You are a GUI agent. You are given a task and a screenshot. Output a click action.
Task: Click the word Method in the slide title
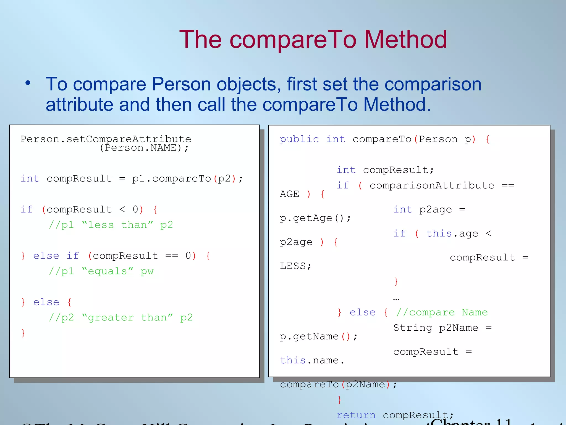tap(405, 40)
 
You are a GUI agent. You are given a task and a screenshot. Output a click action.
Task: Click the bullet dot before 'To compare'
tap(28, 83)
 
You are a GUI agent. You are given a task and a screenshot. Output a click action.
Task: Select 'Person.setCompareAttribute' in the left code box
tap(106, 139)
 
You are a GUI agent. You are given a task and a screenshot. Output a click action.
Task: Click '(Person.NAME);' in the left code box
tap(144, 148)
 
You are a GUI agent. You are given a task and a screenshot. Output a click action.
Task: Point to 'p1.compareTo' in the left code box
tap(171, 179)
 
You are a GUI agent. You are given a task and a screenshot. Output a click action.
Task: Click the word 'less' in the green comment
tap(101, 225)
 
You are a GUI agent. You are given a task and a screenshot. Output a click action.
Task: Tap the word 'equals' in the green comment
tap(108, 271)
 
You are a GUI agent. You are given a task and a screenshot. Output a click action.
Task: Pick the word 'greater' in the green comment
tap(111, 318)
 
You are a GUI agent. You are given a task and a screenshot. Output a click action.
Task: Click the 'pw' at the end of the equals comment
tap(147, 271)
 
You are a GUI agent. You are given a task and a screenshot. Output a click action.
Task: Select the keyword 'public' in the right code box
tap(299, 139)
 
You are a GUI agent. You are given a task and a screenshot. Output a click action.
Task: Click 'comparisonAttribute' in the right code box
tap(432, 185)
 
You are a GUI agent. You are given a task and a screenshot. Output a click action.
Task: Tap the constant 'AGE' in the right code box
tap(289, 194)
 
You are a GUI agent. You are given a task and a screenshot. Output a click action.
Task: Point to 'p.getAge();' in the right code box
tap(315, 218)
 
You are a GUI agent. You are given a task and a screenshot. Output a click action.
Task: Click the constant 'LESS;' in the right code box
tap(295, 266)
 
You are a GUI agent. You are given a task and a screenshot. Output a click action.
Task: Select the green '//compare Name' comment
tap(442, 312)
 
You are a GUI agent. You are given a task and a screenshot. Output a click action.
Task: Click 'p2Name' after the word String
tap(459, 328)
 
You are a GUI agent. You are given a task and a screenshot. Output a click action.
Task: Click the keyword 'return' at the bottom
tap(356, 415)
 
